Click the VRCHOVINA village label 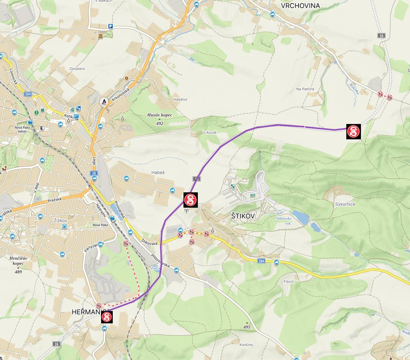(300, 6)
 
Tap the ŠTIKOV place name (243, 216)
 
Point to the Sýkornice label (345, 204)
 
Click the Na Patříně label (305, 89)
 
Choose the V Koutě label (209, 133)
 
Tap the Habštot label (180, 99)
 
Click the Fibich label (288, 282)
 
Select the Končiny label (246, 345)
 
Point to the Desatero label (77, 69)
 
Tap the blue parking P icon (110, 26)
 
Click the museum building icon (100, 36)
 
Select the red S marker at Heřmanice (107, 317)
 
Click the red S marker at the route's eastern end (353, 131)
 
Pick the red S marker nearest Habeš (191, 200)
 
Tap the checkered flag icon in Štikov (253, 196)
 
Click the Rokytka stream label (354, 88)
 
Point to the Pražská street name (54, 200)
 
